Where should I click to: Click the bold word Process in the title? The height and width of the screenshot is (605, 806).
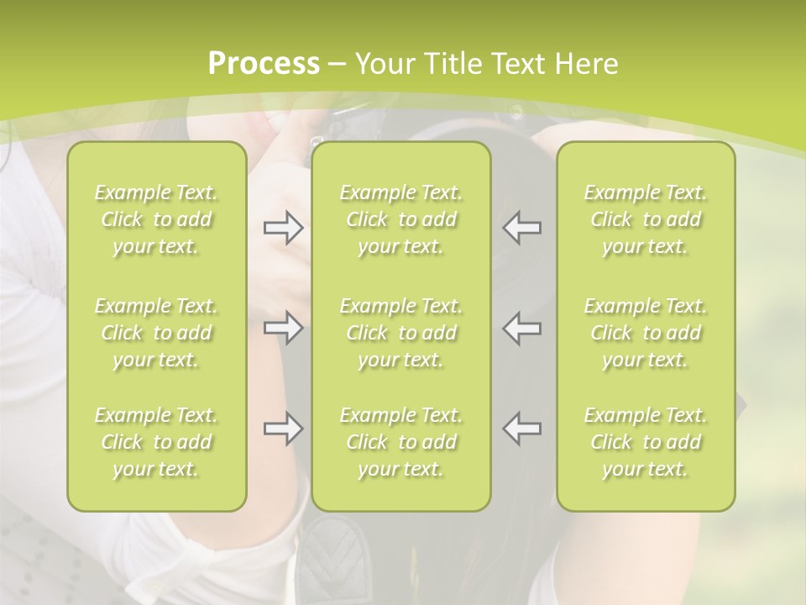(x=264, y=64)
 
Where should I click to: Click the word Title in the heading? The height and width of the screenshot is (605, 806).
(x=452, y=64)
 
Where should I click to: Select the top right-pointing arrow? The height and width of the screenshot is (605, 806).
(x=283, y=228)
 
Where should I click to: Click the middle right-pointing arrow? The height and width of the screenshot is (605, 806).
(x=283, y=328)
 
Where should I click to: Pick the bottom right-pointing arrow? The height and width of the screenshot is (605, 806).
(x=283, y=429)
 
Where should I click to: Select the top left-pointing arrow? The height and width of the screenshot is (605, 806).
(x=522, y=228)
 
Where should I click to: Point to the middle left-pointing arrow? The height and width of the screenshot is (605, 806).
(x=522, y=328)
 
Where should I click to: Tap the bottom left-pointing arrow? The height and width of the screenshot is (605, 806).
(x=522, y=429)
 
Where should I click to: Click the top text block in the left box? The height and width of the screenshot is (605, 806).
(x=156, y=219)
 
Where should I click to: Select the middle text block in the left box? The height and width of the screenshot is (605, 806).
(x=156, y=333)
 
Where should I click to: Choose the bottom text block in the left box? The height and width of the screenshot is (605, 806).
(x=156, y=442)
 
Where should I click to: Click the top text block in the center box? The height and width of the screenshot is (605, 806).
(x=400, y=219)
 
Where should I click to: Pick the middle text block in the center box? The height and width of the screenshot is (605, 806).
(x=400, y=333)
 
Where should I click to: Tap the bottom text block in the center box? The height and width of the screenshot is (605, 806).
(x=400, y=442)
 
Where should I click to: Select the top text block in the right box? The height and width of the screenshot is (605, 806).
(x=646, y=219)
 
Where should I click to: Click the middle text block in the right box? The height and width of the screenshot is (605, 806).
(x=646, y=333)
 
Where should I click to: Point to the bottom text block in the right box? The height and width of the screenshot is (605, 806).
(x=646, y=442)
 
